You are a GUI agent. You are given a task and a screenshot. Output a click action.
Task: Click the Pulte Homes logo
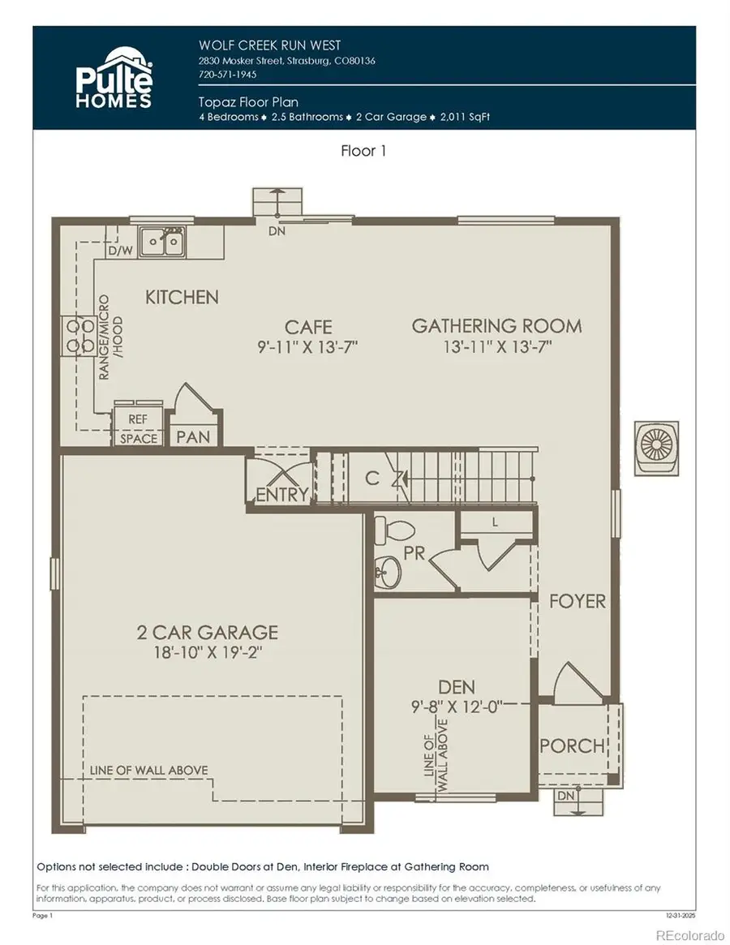(114, 79)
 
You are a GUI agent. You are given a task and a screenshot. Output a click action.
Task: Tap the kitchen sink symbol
(162, 241)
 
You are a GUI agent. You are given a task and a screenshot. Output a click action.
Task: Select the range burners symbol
(75, 337)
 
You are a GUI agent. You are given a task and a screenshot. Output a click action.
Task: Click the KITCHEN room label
(182, 297)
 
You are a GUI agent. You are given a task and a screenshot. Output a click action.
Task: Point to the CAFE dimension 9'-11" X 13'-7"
(308, 346)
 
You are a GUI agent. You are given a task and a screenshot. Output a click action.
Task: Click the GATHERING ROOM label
(496, 326)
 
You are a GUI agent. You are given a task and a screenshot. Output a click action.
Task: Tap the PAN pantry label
(193, 436)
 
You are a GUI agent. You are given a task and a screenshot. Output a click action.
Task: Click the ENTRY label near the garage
(281, 494)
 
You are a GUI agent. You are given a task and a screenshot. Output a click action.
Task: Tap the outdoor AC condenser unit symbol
(655, 445)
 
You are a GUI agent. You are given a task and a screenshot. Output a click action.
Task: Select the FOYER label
(578, 601)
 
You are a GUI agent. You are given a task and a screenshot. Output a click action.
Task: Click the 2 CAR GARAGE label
(208, 632)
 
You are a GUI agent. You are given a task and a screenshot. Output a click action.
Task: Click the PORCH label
(572, 745)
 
